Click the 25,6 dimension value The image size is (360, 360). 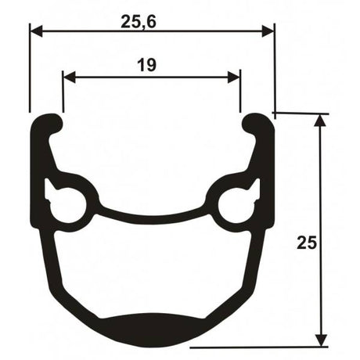(139, 22)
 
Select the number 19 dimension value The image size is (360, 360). (147, 65)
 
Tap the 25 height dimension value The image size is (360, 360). (307, 243)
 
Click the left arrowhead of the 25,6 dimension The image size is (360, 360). (36, 31)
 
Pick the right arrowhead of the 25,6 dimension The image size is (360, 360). (268, 31)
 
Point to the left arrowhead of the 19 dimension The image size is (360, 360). (70, 77)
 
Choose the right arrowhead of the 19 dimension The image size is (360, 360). (234, 77)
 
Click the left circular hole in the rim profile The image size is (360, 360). (68, 204)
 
